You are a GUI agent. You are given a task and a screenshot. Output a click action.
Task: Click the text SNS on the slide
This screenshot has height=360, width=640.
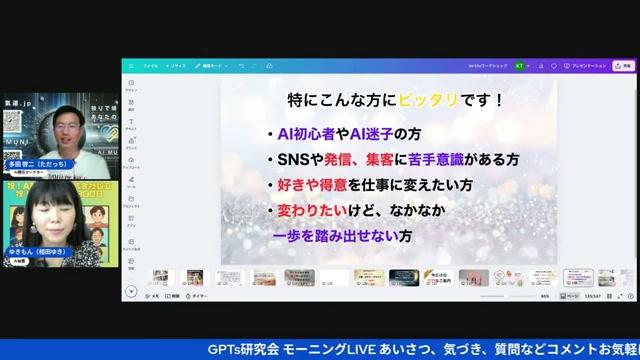[x=294, y=160]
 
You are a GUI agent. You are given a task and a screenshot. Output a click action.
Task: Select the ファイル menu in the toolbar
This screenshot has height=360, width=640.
[x=150, y=65]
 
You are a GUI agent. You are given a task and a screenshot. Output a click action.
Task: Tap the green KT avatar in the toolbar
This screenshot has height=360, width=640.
[x=519, y=65]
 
